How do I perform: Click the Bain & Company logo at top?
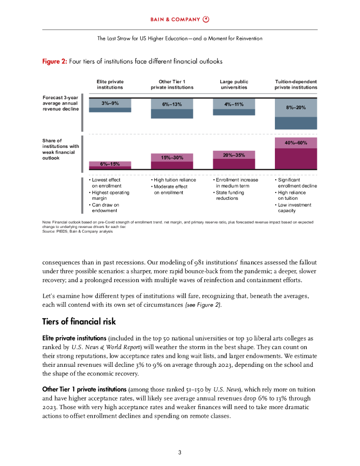pyautogui.click(x=180, y=19)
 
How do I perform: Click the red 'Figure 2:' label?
pyautogui.click(x=54, y=61)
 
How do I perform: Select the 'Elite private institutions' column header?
pyautogui.click(x=110, y=84)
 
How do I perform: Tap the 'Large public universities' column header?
pyautogui.click(x=234, y=84)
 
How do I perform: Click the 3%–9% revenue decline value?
pyautogui.click(x=110, y=103)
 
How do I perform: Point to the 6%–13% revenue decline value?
pyautogui.click(x=172, y=104)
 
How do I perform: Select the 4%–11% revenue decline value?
pyautogui.click(x=234, y=104)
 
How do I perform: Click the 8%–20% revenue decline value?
pyautogui.click(x=296, y=107)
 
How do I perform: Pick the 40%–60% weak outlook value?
pyautogui.click(x=296, y=143)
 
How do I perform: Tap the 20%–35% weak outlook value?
pyautogui.click(x=234, y=155)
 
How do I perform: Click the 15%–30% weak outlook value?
pyautogui.click(x=172, y=157)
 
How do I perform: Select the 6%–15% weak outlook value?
pyautogui.click(x=110, y=164)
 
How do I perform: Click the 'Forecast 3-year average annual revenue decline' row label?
pyautogui.click(x=61, y=103)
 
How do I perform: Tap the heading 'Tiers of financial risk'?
pyautogui.click(x=79, y=322)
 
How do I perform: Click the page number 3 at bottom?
pyautogui.click(x=180, y=452)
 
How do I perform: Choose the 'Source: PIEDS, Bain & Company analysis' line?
pyautogui.click(x=77, y=231)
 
